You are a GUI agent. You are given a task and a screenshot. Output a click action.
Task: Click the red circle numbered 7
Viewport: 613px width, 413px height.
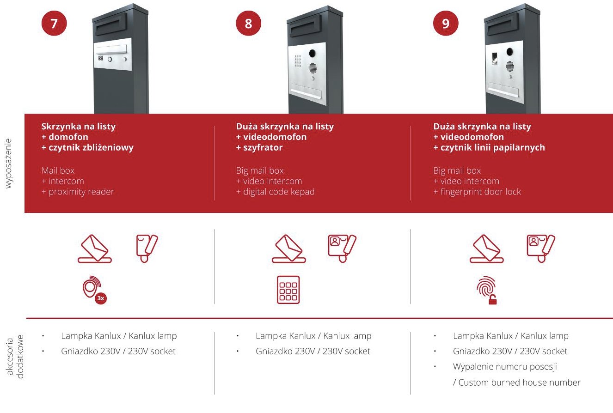point(54,23)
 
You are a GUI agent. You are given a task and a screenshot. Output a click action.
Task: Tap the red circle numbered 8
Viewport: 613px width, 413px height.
point(249,23)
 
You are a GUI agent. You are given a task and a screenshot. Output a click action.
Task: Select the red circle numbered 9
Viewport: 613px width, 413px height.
point(446,23)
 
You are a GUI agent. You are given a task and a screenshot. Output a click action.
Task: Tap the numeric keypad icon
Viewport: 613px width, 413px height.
point(288,290)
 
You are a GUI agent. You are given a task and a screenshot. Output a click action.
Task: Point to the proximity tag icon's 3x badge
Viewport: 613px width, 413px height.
point(101,298)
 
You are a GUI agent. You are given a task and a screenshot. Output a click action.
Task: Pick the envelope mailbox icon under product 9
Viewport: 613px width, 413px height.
point(487,249)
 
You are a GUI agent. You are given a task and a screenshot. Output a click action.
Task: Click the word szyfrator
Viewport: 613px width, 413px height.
point(263,147)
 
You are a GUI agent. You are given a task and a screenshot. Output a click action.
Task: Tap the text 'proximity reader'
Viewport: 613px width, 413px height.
point(81,192)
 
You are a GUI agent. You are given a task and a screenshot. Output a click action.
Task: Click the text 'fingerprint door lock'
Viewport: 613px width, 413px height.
point(480,192)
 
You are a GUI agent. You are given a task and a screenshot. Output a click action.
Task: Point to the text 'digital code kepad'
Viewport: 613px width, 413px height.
point(279,192)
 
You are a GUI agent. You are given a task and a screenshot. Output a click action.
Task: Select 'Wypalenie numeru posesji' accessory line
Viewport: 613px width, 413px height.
point(505,366)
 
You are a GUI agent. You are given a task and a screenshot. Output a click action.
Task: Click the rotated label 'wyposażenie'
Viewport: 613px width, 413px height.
point(8,163)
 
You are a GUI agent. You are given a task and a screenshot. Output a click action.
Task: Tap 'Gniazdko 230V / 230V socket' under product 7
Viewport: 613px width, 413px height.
point(118,351)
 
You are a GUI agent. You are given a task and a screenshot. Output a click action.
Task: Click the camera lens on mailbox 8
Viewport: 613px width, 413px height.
point(312,53)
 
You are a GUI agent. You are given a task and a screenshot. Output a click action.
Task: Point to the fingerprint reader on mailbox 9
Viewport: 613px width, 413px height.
point(495,59)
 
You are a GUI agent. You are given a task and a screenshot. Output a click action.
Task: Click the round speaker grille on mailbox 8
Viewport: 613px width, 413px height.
point(313,68)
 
